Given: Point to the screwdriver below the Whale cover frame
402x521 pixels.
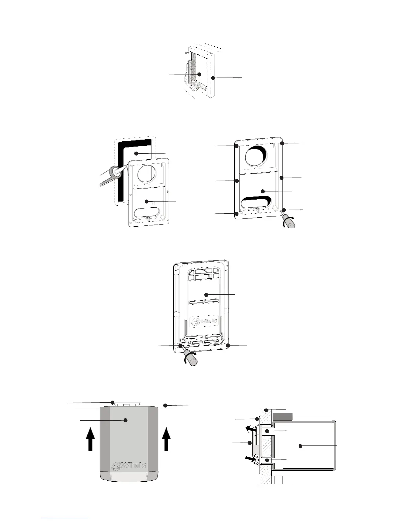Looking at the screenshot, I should tap(190, 359).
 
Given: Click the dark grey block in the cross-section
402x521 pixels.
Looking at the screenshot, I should tap(282, 417).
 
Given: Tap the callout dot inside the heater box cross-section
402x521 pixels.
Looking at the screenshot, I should tap(300, 446).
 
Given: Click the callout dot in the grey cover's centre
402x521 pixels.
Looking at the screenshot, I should tap(125, 420).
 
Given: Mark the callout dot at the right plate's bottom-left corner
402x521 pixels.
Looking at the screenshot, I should tap(237, 213).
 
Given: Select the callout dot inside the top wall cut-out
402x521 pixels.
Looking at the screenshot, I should tap(199, 74).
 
